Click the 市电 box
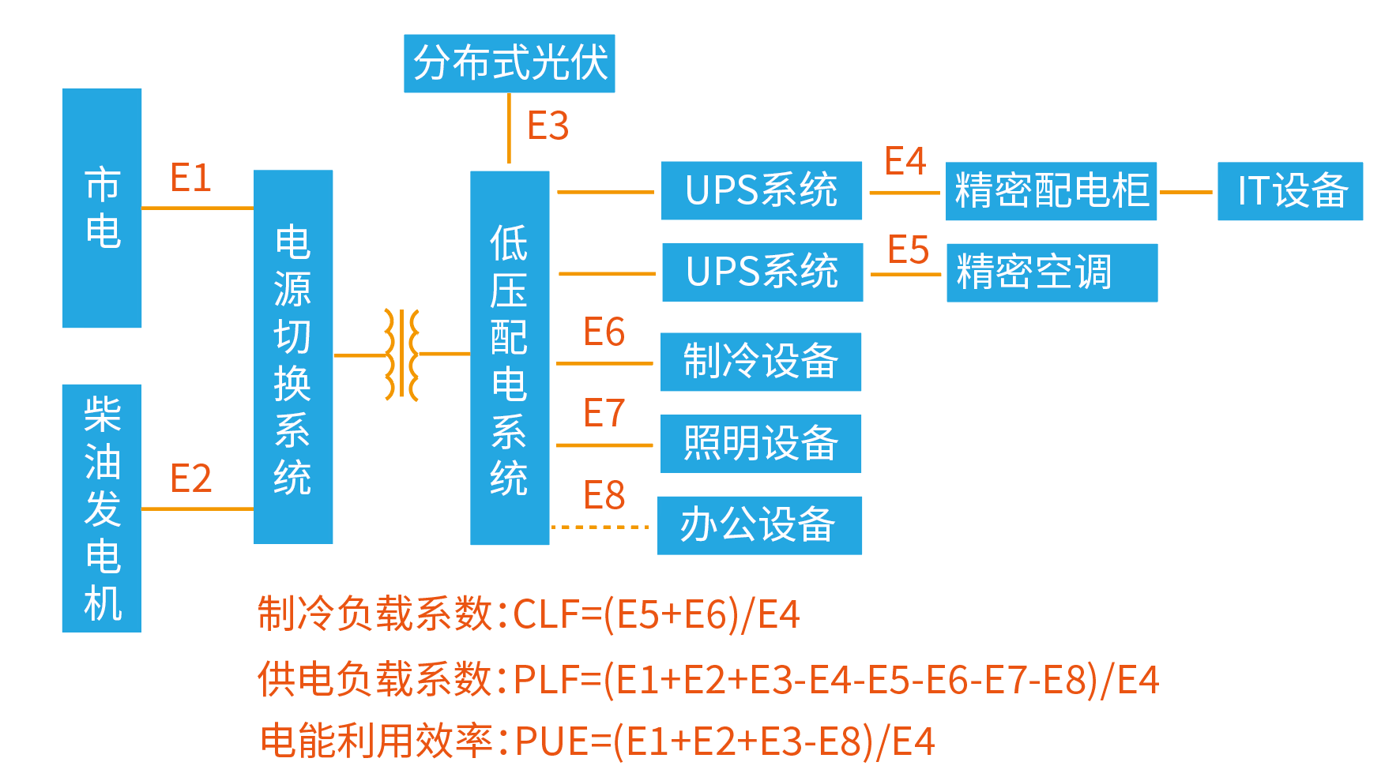(x=102, y=208)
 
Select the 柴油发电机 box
(x=102, y=508)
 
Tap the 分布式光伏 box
(x=510, y=63)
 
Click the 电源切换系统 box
(x=293, y=357)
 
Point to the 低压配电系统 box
(x=510, y=358)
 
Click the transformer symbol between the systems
(x=401, y=355)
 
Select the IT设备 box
(x=1290, y=191)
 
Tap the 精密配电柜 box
(x=1051, y=191)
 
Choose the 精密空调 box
(x=1052, y=272)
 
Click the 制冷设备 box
(x=760, y=362)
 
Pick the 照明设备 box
(x=760, y=444)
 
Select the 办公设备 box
(x=759, y=526)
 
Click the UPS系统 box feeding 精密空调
(x=762, y=272)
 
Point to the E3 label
(x=548, y=126)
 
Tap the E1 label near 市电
(x=190, y=178)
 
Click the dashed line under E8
(x=600, y=527)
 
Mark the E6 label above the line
(x=604, y=332)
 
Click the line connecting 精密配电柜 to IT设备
(x=1186, y=192)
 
